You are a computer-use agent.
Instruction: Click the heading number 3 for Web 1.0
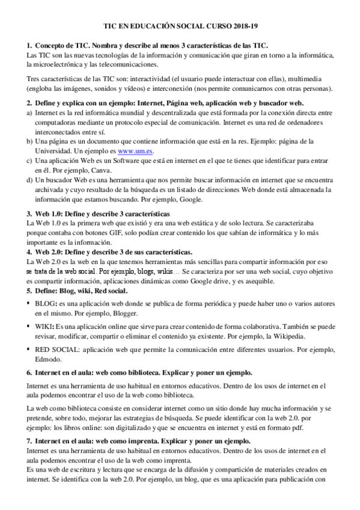[29, 214]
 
